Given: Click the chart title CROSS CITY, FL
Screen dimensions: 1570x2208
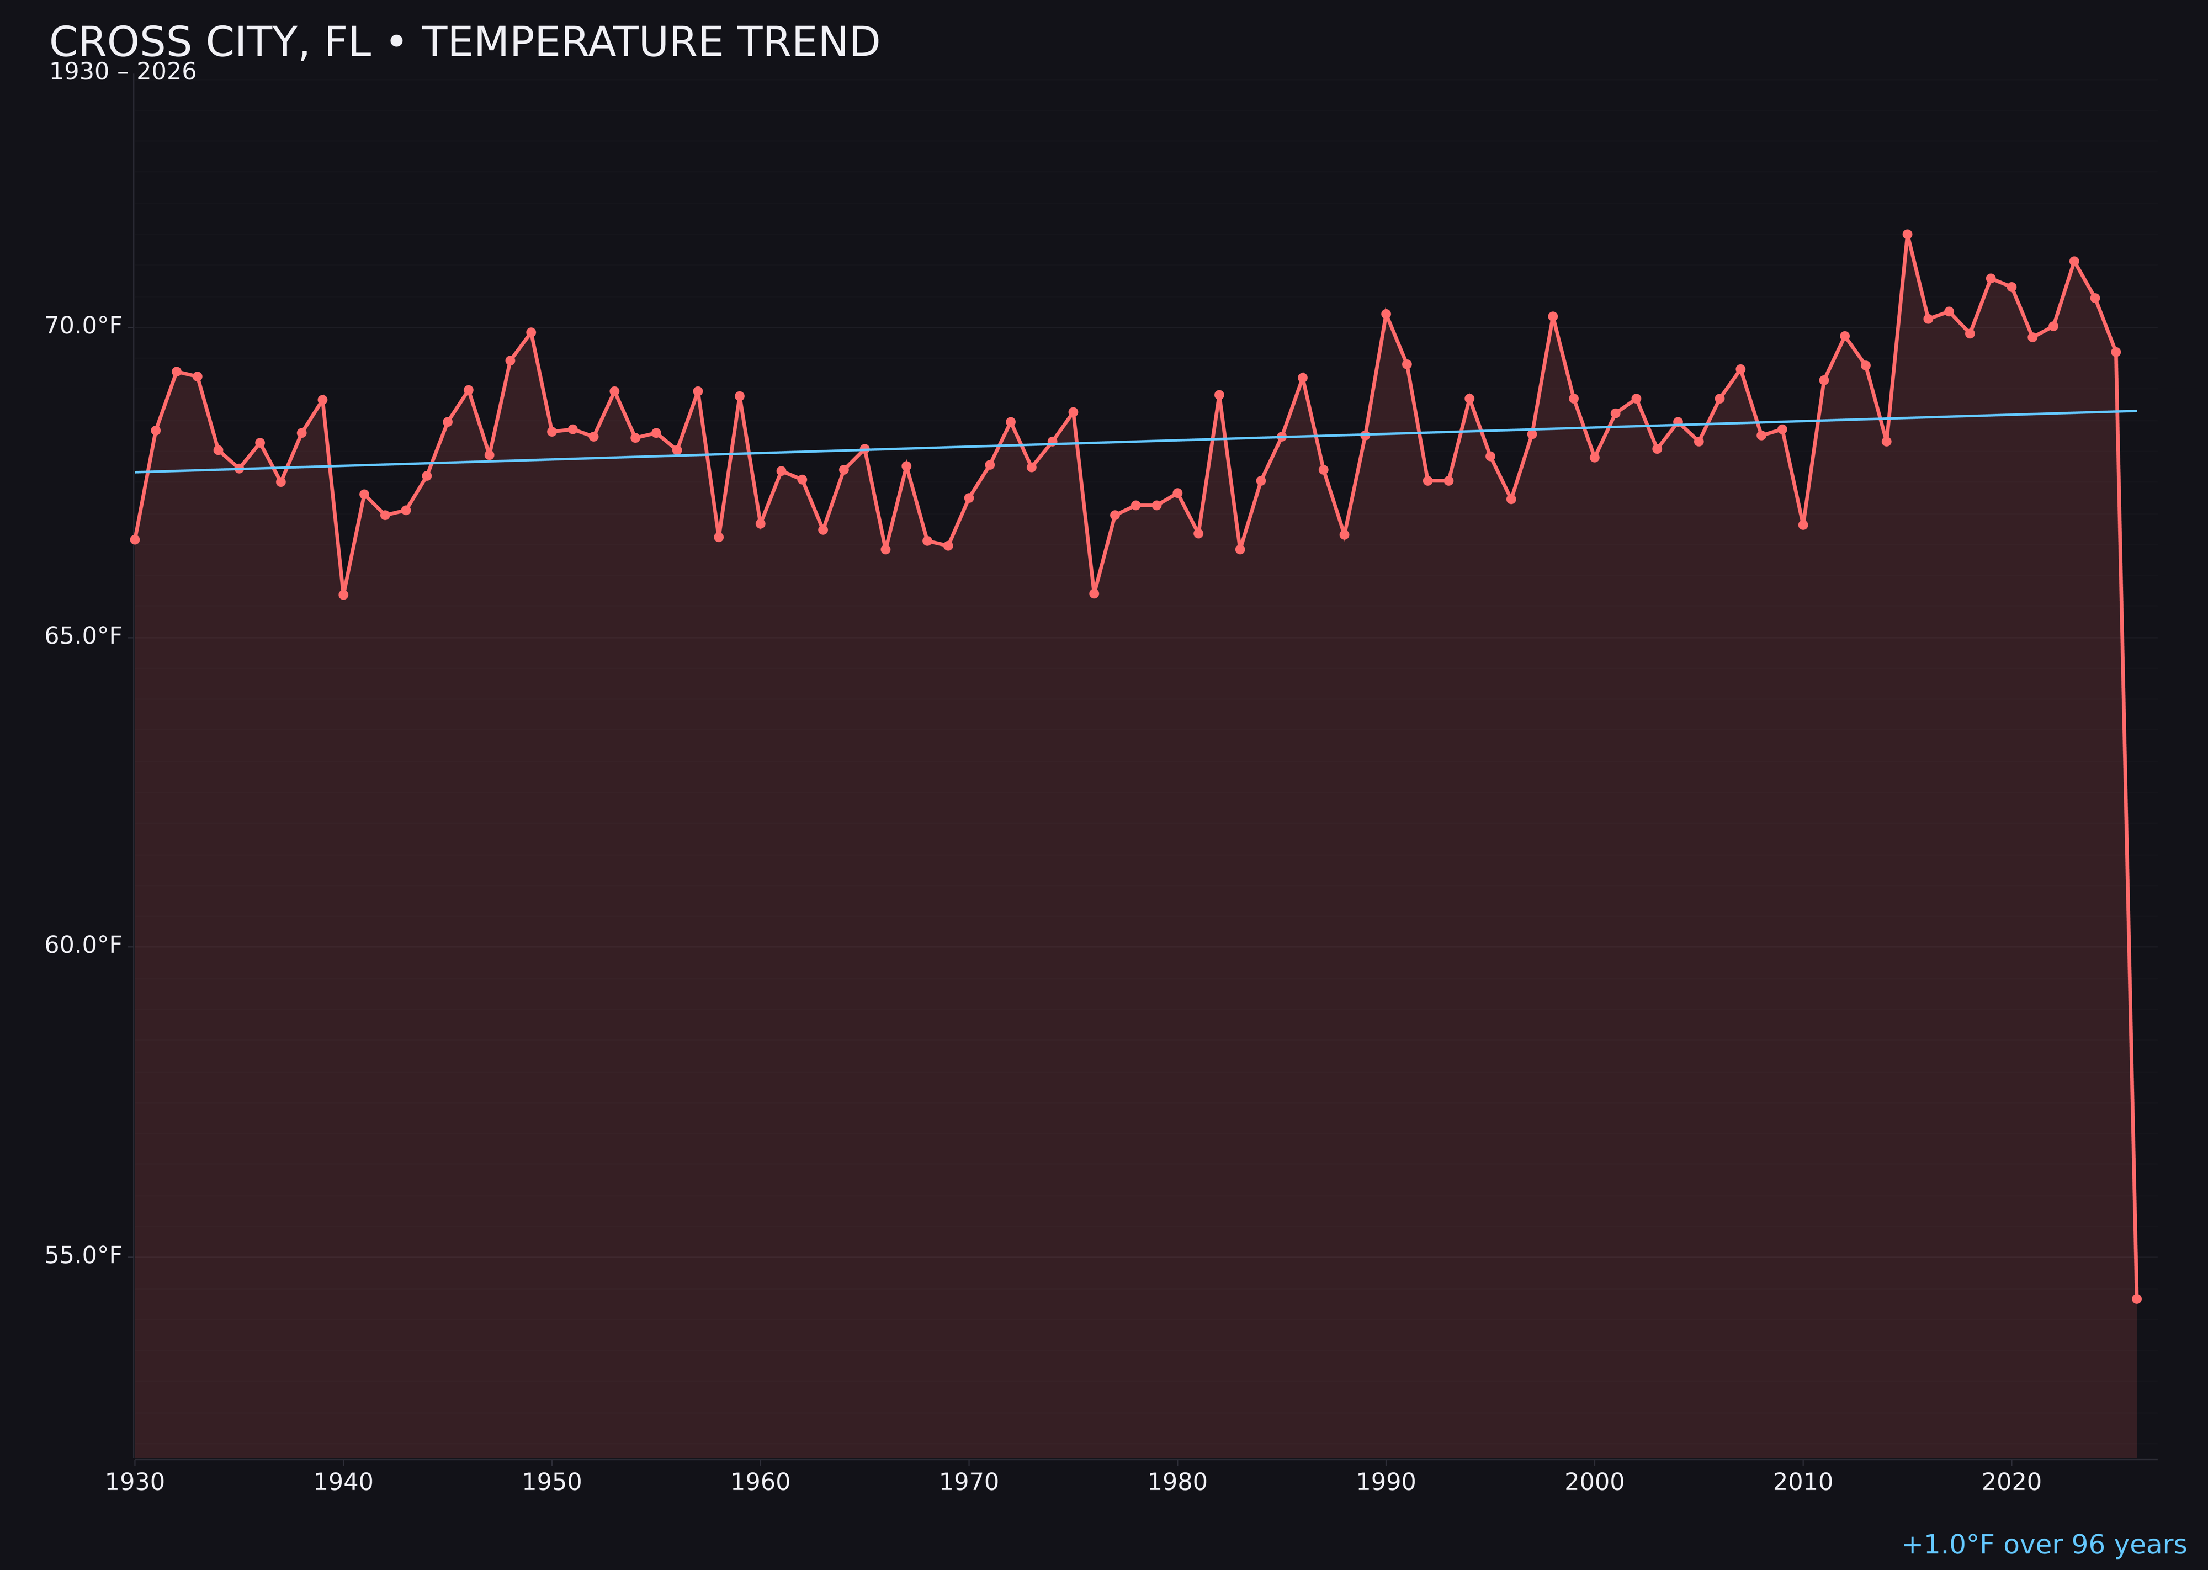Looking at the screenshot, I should tap(464, 43).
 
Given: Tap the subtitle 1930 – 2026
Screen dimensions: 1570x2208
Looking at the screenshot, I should tap(123, 72).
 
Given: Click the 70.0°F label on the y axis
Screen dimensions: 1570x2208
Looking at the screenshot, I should tap(83, 326).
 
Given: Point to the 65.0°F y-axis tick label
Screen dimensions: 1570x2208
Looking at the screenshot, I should tap(83, 636).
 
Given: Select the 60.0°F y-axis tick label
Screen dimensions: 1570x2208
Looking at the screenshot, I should tap(83, 946).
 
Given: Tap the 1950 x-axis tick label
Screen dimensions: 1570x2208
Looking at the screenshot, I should tap(552, 1482).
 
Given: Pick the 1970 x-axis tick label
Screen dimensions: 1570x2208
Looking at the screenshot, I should tap(969, 1482).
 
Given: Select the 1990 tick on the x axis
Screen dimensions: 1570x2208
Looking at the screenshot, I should tap(1386, 1482).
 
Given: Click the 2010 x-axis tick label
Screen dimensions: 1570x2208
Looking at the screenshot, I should tap(1803, 1482).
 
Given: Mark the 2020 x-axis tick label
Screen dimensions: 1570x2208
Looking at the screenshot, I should tap(2011, 1482).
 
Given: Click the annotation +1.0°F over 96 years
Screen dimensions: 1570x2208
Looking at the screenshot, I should tap(2044, 1545).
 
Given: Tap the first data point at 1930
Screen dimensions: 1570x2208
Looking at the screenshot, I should tap(135, 539).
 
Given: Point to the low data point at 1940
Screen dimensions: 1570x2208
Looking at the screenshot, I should tap(343, 595).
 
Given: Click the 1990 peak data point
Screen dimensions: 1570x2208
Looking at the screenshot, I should tap(1386, 314).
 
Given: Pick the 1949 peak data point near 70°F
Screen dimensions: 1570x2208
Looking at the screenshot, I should tap(530, 332).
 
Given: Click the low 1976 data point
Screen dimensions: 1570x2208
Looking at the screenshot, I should tap(1094, 593).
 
